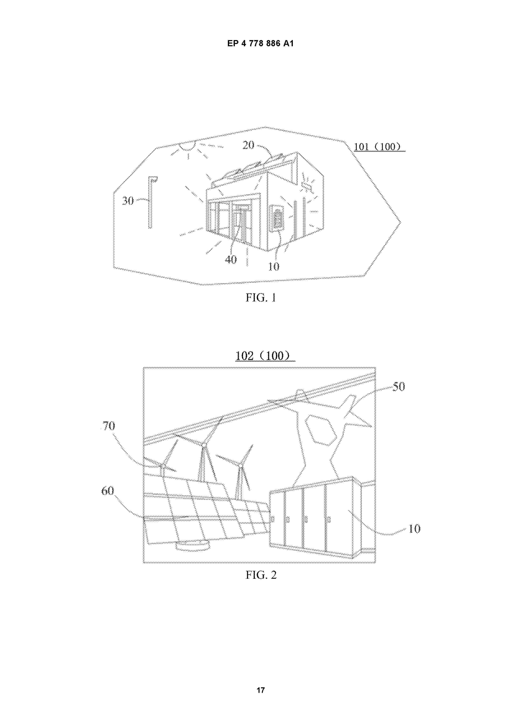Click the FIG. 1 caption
click(261, 297)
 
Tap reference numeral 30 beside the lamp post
click(128, 201)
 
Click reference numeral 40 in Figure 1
click(231, 259)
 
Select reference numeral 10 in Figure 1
click(274, 267)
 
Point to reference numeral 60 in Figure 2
click(108, 491)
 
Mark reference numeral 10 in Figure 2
click(414, 529)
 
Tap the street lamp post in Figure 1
click(151, 202)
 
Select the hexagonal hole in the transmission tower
click(321, 430)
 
